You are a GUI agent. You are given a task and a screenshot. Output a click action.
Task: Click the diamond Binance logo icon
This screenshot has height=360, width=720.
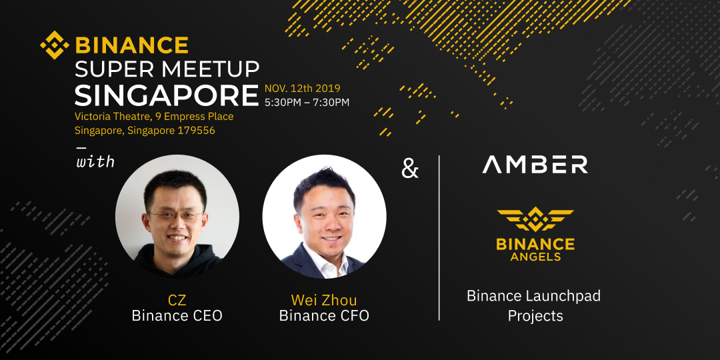(x=55, y=45)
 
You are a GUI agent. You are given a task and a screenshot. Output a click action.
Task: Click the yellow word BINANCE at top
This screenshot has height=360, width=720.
(x=132, y=45)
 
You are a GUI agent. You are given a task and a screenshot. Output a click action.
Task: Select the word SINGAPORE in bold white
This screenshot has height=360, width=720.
(x=167, y=95)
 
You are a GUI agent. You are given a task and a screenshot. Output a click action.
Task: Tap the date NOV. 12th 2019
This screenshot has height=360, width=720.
(x=302, y=88)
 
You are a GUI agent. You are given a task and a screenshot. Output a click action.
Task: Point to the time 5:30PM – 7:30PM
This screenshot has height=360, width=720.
(x=307, y=103)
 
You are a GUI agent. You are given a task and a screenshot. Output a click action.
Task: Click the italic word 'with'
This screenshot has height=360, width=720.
(x=95, y=162)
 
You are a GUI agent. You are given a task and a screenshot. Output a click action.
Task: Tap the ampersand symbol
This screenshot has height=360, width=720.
(x=409, y=169)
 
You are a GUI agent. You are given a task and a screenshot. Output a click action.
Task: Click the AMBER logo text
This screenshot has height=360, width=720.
(x=535, y=165)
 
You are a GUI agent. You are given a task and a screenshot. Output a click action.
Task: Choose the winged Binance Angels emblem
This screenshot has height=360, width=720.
(x=535, y=219)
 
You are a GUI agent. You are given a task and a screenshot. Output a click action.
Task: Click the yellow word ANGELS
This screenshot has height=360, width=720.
(x=535, y=256)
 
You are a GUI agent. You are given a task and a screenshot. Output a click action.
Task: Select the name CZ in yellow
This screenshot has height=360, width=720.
(x=177, y=301)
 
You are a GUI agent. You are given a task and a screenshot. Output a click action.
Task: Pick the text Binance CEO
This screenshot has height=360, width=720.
(x=177, y=316)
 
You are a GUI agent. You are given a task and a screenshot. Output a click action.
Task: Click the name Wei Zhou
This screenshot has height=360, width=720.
(x=324, y=300)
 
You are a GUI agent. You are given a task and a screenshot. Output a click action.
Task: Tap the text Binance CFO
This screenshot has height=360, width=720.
(x=324, y=316)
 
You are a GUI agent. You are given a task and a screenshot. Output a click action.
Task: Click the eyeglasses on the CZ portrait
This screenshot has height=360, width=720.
(x=176, y=215)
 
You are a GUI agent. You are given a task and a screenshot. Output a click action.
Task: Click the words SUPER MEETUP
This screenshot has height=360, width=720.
(x=167, y=69)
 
